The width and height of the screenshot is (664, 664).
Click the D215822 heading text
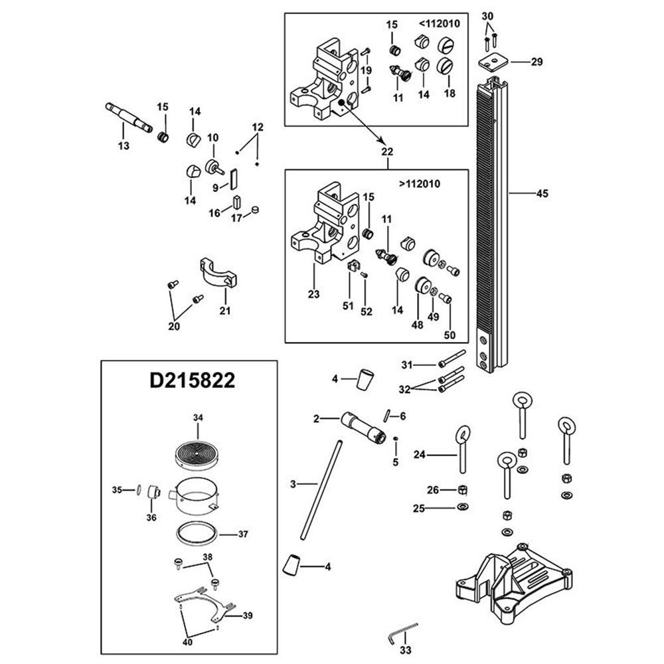pyautogui.click(x=193, y=380)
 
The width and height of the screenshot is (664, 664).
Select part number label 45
pyautogui.click(x=542, y=193)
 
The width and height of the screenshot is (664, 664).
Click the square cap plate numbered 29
pyautogui.click(x=493, y=61)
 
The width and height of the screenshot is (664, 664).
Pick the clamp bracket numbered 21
pyautogui.click(x=218, y=274)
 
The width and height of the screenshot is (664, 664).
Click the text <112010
pyautogui.click(x=439, y=24)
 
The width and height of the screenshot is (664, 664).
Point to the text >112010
pyautogui.click(x=419, y=184)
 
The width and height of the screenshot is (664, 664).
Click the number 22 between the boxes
pyautogui.click(x=387, y=151)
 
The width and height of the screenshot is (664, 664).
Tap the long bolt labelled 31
pyautogui.click(x=452, y=358)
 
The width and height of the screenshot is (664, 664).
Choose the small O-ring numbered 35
pyautogui.click(x=138, y=490)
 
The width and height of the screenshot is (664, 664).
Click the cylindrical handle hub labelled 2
pyautogui.click(x=364, y=428)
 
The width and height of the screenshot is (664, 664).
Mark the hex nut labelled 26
pyautogui.click(x=462, y=489)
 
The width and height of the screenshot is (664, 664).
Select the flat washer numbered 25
pyautogui.click(x=463, y=507)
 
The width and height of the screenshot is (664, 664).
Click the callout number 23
pyautogui.click(x=313, y=294)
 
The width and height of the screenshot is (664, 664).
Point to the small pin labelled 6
pyautogui.click(x=386, y=415)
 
